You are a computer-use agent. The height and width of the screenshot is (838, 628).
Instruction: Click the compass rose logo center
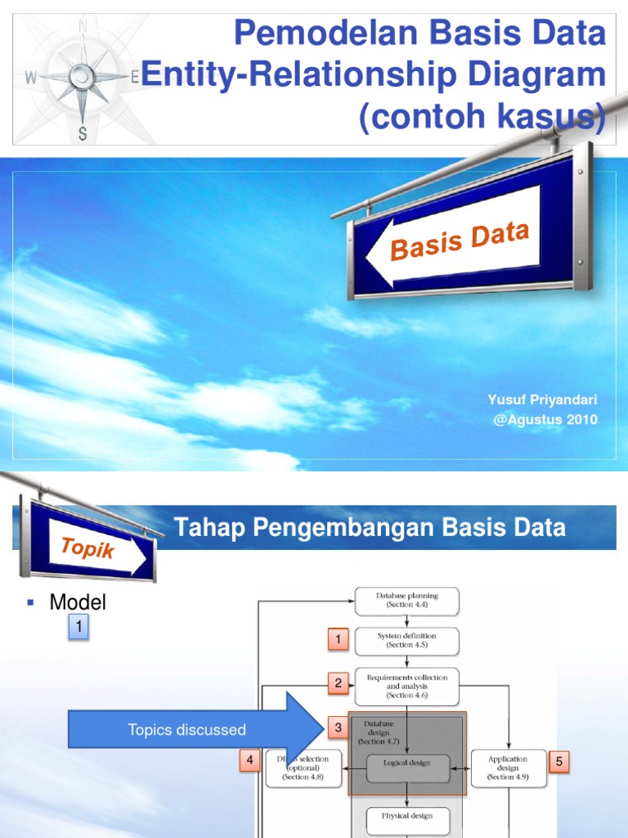coord(83,77)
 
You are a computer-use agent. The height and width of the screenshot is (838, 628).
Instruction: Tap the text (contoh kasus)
coord(482,117)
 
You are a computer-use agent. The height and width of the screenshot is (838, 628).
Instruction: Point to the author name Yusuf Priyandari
coord(542,399)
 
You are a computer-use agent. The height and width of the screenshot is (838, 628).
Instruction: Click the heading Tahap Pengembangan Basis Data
coord(370,528)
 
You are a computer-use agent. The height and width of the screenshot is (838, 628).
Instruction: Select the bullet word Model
coord(78,603)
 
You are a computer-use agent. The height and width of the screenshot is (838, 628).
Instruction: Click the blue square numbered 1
coord(78,628)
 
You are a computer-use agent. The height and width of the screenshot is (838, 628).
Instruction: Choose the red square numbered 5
coord(560,761)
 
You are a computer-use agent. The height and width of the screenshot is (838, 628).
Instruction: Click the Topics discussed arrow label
coord(186,730)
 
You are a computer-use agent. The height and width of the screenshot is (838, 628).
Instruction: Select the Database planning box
coord(406,601)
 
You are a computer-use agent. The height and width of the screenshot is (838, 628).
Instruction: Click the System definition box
coord(406,640)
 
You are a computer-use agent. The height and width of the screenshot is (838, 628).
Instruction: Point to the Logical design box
coord(408,768)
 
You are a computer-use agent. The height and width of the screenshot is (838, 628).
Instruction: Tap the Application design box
coord(507,768)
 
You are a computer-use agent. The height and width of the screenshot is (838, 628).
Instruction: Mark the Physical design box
coord(406,815)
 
